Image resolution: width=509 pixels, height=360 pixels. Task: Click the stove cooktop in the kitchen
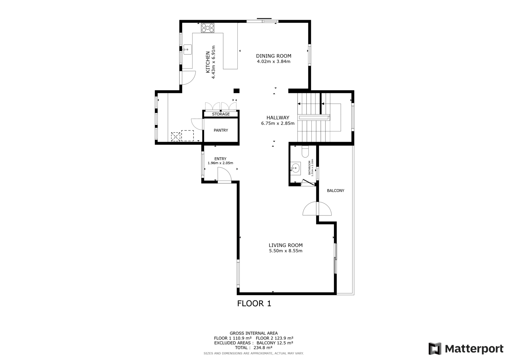tap(207, 28)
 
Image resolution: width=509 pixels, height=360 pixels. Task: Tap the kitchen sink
tap(187, 50)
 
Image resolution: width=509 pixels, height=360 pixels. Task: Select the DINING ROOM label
tap(274, 56)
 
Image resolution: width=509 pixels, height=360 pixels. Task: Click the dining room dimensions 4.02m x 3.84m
tap(274, 61)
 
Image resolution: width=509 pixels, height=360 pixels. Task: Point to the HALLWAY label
tap(278, 117)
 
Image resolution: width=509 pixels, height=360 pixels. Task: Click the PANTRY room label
tap(221, 130)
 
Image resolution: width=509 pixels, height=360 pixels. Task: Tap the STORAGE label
tap(221, 114)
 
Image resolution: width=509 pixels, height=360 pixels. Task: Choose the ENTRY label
tap(220, 159)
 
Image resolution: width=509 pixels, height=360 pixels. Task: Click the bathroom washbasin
tap(296, 168)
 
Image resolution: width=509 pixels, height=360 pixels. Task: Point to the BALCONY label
tap(335, 191)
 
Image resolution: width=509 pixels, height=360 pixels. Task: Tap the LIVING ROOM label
tap(286, 245)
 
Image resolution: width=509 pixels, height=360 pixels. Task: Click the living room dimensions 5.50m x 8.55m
tap(286, 251)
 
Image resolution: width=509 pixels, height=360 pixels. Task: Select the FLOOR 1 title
tap(254, 303)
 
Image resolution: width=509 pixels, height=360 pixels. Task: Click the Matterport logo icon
tap(435, 349)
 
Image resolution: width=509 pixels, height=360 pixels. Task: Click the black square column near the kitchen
tap(236, 91)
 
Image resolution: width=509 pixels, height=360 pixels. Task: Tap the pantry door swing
tap(197, 124)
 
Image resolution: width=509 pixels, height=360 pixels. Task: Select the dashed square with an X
tap(175, 137)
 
